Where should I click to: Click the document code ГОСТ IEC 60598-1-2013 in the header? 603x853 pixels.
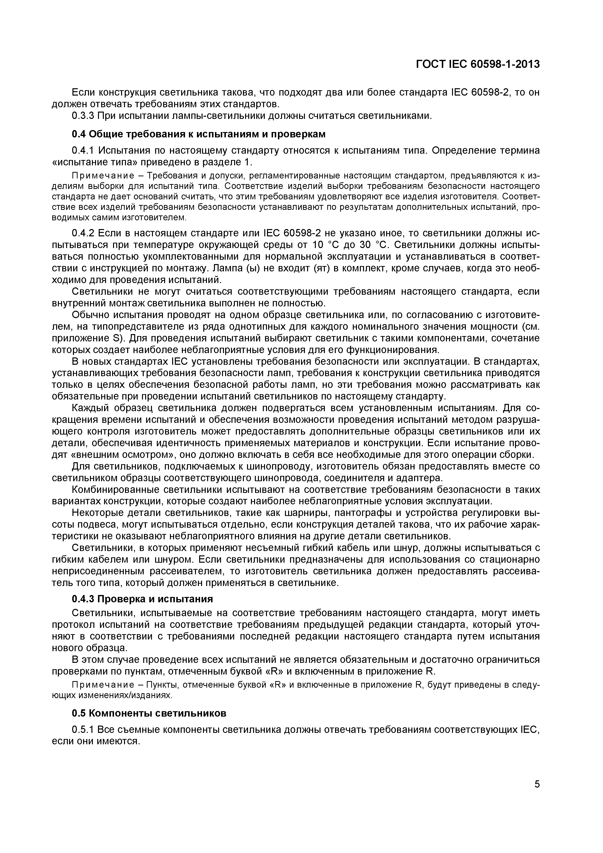coord(478,64)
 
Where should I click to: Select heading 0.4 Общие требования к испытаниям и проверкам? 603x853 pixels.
coord(198,134)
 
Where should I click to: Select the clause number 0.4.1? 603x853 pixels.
coord(83,151)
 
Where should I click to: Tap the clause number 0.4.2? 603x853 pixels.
coord(83,233)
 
